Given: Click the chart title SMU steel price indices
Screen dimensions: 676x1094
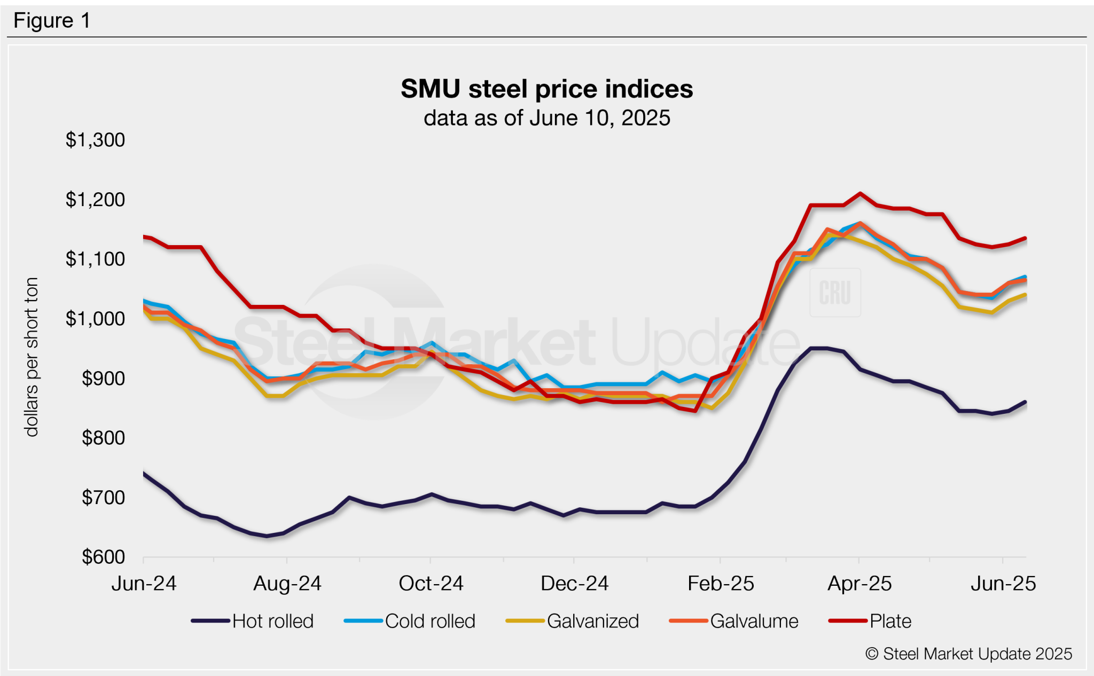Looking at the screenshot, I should [546, 89].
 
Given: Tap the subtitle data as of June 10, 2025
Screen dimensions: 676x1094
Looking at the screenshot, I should [546, 118].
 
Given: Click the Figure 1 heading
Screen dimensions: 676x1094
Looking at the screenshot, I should [52, 21].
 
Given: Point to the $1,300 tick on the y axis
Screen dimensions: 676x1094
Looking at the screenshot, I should [95, 140].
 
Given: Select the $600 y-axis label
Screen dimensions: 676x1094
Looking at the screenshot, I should [103, 557].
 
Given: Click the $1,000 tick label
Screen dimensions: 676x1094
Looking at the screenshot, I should [95, 319].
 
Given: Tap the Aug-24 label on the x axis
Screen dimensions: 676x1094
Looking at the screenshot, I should [287, 584].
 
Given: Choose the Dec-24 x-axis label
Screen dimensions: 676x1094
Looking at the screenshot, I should [574, 584].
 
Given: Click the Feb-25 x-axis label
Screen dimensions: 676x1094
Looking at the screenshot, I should [720, 584].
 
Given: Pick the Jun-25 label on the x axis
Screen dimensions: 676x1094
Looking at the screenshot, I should [1003, 584].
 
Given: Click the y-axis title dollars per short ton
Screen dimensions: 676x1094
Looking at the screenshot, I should [32, 357].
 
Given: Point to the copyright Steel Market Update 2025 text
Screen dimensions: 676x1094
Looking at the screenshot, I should [968, 654].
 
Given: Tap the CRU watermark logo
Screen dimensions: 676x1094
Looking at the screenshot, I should [835, 293].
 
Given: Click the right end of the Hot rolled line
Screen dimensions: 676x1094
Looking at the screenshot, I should [1025, 402].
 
